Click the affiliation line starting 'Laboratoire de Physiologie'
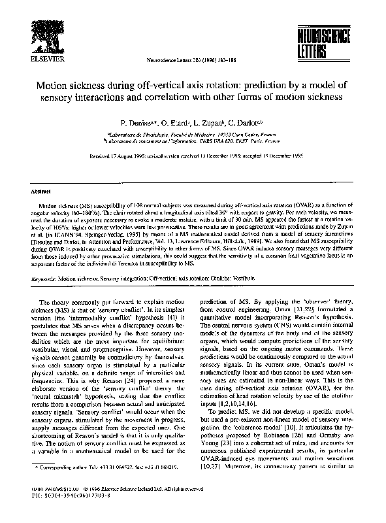click(193, 133)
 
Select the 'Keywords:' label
click(44, 278)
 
